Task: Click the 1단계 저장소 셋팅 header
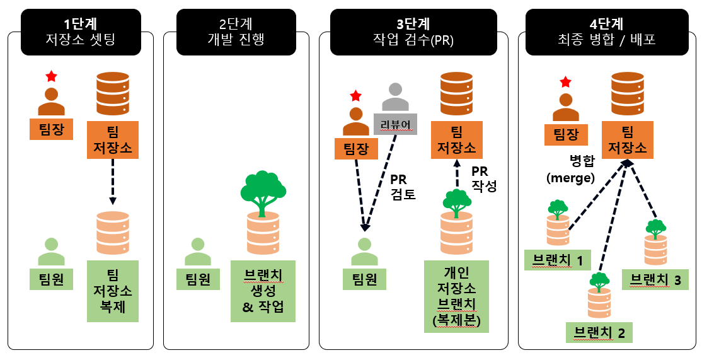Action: (x=81, y=32)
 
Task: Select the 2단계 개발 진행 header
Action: (x=236, y=32)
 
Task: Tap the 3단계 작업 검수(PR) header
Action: (x=413, y=32)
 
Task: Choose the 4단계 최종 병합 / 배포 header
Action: (x=607, y=32)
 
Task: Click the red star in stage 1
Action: (x=52, y=76)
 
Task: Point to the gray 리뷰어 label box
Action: (x=395, y=124)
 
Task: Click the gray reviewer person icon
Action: (x=395, y=96)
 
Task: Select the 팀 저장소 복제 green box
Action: (x=113, y=291)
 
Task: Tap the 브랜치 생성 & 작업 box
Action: (x=263, y=291)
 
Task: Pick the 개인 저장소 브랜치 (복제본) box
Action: (x=457, y=296)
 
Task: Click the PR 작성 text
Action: (x=483, y=178)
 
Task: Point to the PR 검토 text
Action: (x=403, y=187)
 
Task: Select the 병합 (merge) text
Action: (x=571, y=169)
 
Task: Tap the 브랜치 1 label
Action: (x=558, y=260)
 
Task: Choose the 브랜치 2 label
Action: (x=599, y=332)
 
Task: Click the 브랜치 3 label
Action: (x=655, y=280)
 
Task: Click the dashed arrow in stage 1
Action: (x=112, y=182)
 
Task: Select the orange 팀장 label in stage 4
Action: (x=566, y=134)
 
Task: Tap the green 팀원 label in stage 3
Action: (x=364, y=279)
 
